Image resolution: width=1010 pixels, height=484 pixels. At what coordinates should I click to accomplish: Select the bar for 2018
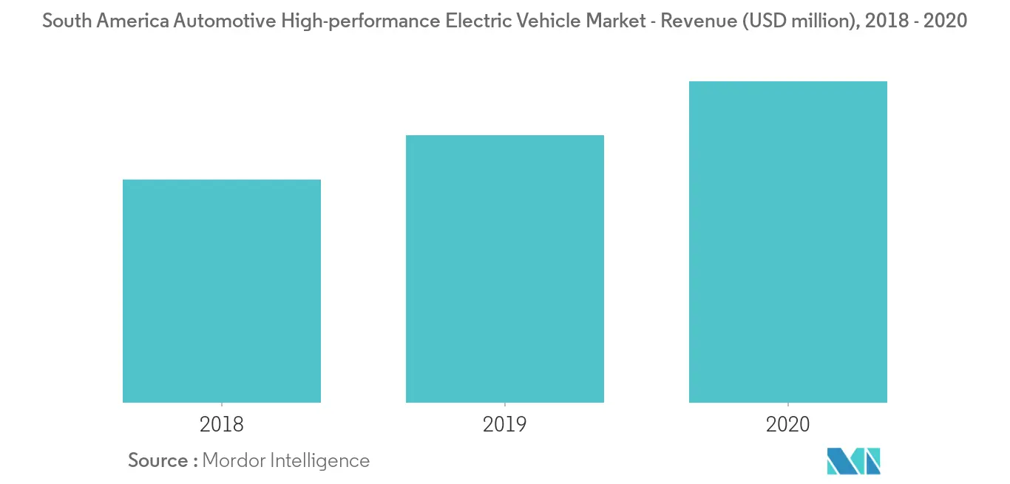[222, 291]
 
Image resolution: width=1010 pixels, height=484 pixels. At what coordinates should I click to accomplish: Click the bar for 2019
[505, 269]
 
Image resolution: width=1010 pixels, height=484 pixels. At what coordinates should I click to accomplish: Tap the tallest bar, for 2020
[788, 242]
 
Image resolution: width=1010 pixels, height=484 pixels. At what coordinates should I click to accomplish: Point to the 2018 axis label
[222, 425]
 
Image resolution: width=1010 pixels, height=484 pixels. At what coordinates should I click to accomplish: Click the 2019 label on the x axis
[505, 425]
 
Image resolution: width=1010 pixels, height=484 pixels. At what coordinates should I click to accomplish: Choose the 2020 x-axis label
[788, 425]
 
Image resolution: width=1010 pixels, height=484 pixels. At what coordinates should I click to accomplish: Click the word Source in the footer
[158, 460]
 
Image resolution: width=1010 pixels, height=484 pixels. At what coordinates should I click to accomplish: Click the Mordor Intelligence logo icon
[854, 460]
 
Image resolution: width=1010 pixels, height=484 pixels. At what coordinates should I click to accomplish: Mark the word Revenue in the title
[695, 21]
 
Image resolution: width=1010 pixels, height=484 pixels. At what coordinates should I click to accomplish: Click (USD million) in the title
[794, 21]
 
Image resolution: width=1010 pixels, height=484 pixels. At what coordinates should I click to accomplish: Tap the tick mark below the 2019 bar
[505, 406]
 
